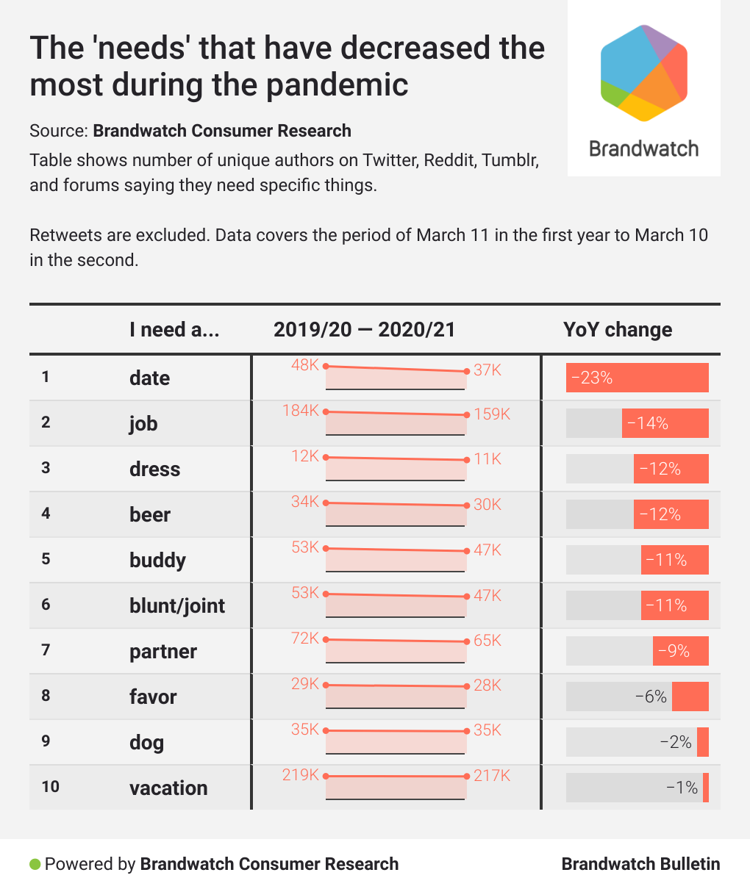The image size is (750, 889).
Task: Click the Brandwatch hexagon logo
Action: pyautogui.click(x=643, y=73)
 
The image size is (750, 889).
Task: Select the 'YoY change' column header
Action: pyautogui.click(x=618, y=330)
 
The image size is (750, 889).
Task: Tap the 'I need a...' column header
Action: pyautogui.click(x=174, y=330)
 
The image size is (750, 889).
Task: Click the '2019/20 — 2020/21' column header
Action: pyautogui.click(x=365, y=330)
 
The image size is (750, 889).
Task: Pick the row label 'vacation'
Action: pyautogui.click(x=168, y=788)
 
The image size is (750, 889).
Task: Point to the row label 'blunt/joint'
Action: pyautogui.click(x=177, y=605)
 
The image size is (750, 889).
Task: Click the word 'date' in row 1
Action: pyautogui.click(x=149, y=378)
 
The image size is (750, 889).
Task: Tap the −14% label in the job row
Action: pyautogui.click(x=648, y=423)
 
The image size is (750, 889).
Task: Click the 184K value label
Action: pyautogui.click(x=301, y=411)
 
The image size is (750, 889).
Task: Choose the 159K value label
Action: pyautogui.click(x=492, y=414)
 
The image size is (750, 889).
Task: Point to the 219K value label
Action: pyautogui.click(x=301, y=775)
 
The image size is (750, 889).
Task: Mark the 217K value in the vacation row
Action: pyautogui.click(x=492, y=775)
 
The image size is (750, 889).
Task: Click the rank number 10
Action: pyautogui.click(x=50, y=787)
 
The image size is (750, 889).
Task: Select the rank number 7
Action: pyautogui.click(x=46, y=650)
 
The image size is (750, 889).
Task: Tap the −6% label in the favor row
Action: pyautogui.click(x=651, y=697)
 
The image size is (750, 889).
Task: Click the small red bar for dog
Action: pyautogui.click(x=703, y=742)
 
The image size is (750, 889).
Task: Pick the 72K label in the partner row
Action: pyautogui.click(x=305, y=638)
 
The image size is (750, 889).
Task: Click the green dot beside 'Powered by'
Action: pyautogui.click(x=35, y=864)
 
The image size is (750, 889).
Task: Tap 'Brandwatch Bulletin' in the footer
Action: pyautogui.click(x=640, y=864)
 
